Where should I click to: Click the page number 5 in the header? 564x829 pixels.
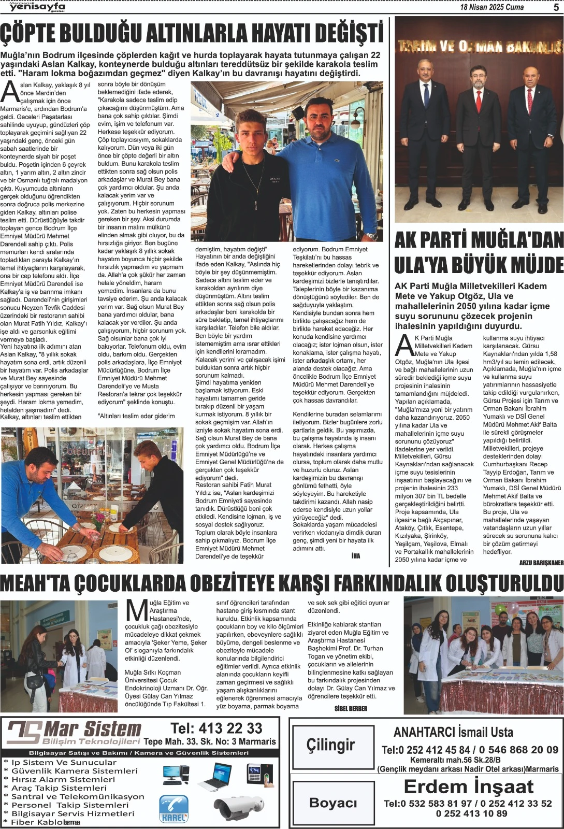coord(555,7)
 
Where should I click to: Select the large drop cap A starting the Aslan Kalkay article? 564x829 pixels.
coord(10,92)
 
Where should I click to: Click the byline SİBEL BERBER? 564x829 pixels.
coord(351,708)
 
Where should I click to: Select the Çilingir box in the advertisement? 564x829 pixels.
coord(330,745)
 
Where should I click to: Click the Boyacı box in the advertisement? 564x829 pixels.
coord(333,803)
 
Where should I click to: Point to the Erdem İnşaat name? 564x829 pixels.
coord(468,787)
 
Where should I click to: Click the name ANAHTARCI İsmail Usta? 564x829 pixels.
coord(453,732)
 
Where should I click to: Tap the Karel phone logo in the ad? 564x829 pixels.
coord(173,809)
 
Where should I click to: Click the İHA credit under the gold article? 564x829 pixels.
coord(355,555)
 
